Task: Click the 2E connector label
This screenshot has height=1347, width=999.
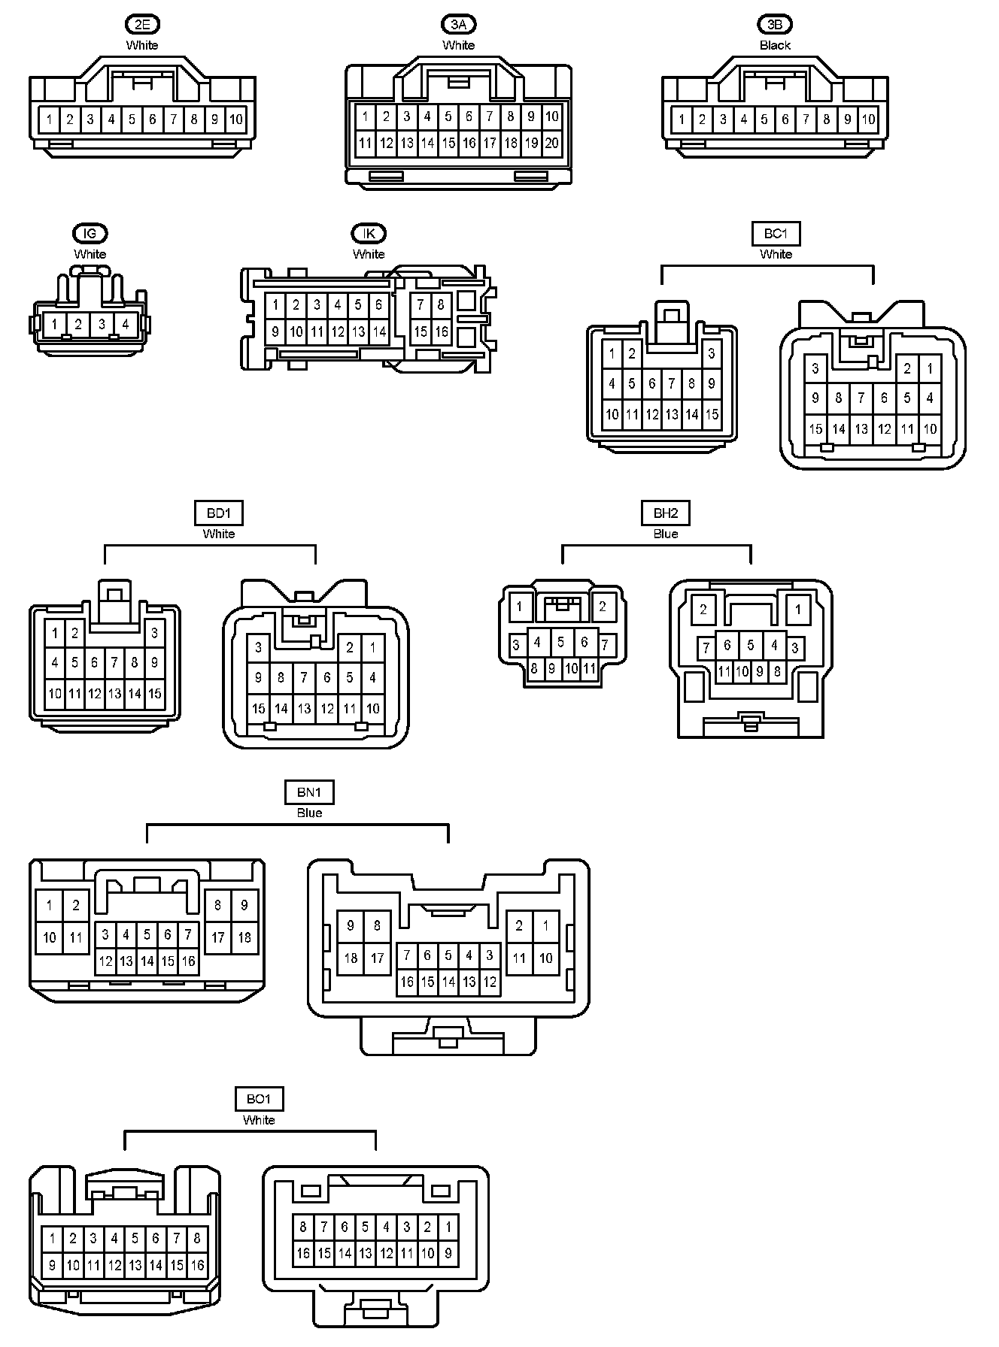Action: [x=142, y=25]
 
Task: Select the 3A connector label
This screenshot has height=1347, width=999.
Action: [x=458, y=25]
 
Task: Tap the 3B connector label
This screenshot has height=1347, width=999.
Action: [x=775, y=25]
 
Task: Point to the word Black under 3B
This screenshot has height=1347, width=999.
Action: [x=775, y=45]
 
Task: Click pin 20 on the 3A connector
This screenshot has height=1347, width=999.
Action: [x=551, y=143]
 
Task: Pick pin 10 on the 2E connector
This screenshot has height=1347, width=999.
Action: [x=235, y=119]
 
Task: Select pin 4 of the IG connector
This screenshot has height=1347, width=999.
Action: [x=126, y=325]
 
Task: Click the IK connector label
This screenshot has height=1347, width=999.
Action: [x=369, y=234]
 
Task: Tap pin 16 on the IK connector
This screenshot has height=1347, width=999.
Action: [x=441, y=331]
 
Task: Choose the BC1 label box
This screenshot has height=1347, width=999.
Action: [x=776, y=234]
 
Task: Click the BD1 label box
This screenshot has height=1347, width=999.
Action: [x=218, y=513]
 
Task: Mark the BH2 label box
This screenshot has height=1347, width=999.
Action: [x=666, y=513]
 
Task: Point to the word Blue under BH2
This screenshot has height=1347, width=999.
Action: [x=666, y=534]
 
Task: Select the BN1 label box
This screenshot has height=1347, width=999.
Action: [x=309, y=792]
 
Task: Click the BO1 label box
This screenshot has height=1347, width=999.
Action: [x=258, y=1100]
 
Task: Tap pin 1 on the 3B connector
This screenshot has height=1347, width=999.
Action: [x=682, y=119]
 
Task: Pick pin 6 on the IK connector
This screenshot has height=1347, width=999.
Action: [x=378, y=304]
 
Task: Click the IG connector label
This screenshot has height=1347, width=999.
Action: [x=90, y=234]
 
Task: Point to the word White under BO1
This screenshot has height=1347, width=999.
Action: [x=259, y=1120]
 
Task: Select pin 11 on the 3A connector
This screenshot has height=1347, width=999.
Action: [x=366, y=143]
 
